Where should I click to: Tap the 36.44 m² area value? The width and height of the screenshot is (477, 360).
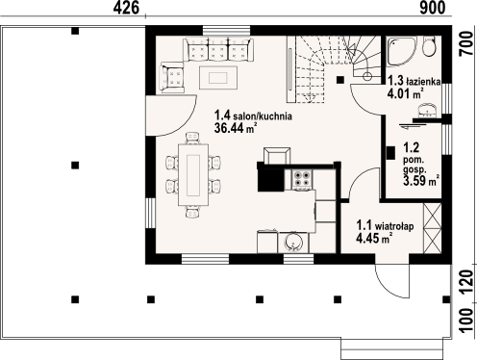click(x=235, y=127)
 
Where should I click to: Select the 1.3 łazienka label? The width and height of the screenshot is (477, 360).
click(x=414, y=82)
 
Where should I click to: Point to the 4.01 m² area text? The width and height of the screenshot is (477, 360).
click(x=404, y=94)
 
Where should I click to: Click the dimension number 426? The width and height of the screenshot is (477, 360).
click(x=127, y=8)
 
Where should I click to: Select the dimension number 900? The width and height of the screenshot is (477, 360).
click(x=432, y=8)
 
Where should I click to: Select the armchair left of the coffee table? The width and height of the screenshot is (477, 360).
click(x=174, y=76)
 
